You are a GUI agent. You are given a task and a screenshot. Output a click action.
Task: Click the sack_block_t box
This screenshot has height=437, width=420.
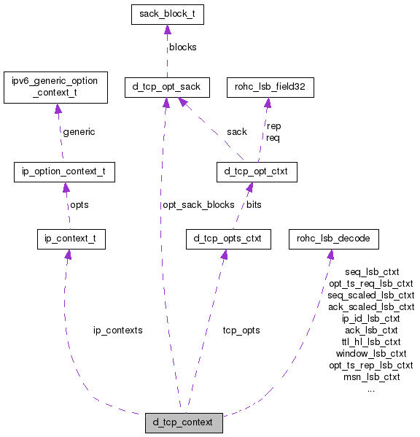point(167,15)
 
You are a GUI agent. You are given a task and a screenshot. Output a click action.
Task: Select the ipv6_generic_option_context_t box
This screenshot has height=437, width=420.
point(56,87)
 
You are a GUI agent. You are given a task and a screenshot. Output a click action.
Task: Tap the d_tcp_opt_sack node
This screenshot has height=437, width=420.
point(167,88)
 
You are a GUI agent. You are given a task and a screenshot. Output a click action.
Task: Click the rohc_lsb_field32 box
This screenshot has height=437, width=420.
point(270,88)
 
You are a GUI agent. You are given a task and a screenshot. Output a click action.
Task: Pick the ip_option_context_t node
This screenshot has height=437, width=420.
point(64,172)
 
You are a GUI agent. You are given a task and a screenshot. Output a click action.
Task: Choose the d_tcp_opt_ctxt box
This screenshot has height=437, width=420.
point(257,172)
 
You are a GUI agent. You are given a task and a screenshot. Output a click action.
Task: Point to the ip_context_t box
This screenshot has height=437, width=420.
point(71,239)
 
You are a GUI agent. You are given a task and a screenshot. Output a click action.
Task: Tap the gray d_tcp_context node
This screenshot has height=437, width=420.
point(183,422)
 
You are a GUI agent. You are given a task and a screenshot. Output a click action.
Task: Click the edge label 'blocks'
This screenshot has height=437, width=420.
point(182,47)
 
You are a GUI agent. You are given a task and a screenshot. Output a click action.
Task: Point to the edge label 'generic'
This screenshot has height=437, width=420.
point(79,132)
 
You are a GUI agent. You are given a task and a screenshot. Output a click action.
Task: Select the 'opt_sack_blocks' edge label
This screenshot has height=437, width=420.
point(198,205)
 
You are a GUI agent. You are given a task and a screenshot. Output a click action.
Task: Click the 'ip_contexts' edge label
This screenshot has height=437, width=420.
point(117,330)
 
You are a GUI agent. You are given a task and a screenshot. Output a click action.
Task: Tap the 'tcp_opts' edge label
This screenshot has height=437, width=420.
point(241,330)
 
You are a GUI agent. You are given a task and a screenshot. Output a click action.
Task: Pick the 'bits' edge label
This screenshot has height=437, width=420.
point(254,205)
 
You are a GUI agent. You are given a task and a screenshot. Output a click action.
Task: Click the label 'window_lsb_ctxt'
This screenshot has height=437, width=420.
point(371,353)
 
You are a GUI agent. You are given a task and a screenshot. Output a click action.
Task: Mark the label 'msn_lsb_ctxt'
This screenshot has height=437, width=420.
point(371,376)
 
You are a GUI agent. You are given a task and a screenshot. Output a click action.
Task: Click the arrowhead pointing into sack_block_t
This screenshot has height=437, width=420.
point(167,30)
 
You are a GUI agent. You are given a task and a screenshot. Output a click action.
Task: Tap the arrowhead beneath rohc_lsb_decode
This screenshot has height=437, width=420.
point(330,254)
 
